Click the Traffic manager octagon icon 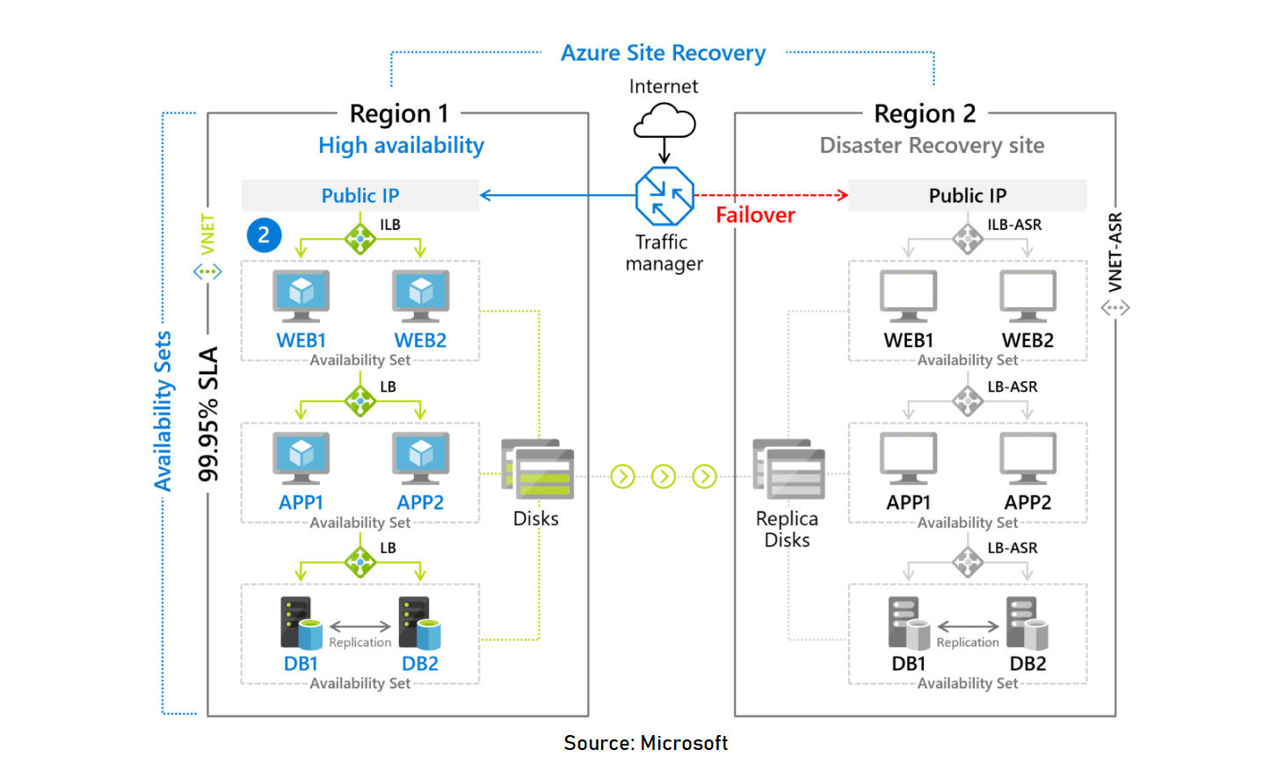pos(664,196)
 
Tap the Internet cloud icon pos(664,121)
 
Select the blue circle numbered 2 pos(264,235)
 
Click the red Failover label pos(755,215)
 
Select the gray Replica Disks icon pos(788,470)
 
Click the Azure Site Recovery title pos(663,53)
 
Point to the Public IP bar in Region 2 pos(967,196)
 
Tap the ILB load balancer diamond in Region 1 pos(359,238)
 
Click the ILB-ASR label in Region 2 pos(1013,225)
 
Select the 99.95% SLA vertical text pos(208,414)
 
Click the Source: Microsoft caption pos(645,743)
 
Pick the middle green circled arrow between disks pos(664,476)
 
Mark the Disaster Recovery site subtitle pos(932,146)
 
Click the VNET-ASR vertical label pos(1115,252)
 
